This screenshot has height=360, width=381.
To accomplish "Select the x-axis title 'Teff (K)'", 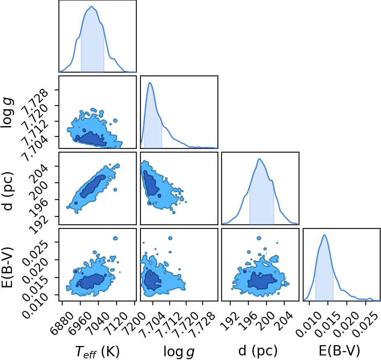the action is point(98,351).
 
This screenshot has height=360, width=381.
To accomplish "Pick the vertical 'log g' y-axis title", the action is point(7,113).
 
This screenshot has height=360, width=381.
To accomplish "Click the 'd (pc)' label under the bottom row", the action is point(258,351).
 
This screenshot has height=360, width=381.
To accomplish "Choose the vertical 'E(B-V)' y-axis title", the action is point(7,268).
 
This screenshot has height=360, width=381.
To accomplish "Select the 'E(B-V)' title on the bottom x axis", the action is point(339,351).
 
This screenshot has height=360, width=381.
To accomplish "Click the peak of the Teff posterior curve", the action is point(91,6).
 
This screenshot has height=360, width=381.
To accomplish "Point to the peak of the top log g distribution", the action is point(150,82).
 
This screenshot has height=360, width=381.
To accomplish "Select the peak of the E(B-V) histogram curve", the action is point(325,235).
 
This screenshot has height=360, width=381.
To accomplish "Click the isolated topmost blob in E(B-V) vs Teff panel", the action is point(115,238).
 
